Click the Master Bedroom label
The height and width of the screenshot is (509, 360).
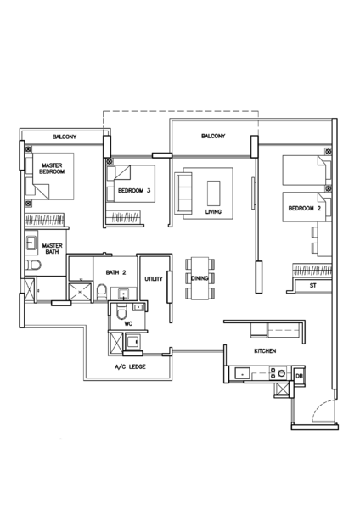pos(52,169)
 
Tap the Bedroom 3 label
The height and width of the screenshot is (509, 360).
pos(134,191)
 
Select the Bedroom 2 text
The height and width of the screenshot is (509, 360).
pos(305,208)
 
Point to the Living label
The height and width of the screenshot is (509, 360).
pos(213,211)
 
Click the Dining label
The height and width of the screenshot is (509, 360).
pos(200,278)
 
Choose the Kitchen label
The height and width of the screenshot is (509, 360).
pos(265,351)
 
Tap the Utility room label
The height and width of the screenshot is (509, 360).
pos(154,279)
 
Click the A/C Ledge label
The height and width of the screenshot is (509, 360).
pos(130,366)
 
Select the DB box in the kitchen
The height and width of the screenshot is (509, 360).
pos(299,376)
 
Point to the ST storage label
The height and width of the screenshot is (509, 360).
pos(312,286)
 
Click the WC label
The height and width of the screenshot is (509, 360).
pos(128,324)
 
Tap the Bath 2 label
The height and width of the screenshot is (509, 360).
pos(115,272)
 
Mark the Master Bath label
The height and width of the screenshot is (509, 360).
pos(52,249)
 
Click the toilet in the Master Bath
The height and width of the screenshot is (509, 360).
pos(33,266)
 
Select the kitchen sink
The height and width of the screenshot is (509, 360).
pos(242,373)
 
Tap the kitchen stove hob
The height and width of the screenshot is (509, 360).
pos(278,373)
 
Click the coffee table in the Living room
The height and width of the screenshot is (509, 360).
pos(213,193)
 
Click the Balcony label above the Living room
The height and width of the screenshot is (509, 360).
pos(213,136)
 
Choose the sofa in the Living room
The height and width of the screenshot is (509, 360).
pos(183,193)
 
